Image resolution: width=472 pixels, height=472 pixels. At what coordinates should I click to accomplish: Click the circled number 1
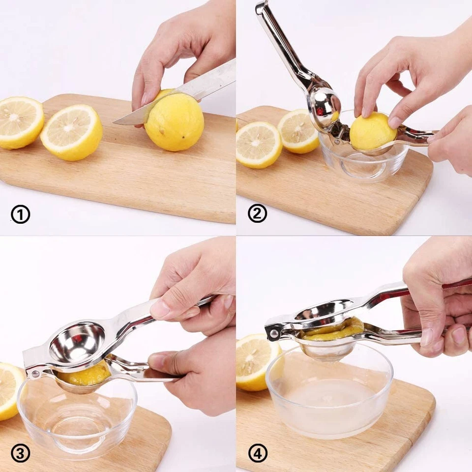click(20, 214)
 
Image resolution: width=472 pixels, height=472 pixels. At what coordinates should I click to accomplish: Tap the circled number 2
click(257, 214)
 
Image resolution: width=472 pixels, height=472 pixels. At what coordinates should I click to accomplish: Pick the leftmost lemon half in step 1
click(20, 122)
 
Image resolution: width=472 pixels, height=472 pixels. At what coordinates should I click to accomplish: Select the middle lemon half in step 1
click(72, 132)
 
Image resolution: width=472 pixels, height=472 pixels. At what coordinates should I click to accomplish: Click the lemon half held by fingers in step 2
click(373, 132)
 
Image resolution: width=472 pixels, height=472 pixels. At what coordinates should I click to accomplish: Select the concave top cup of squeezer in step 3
click(77, 342)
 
